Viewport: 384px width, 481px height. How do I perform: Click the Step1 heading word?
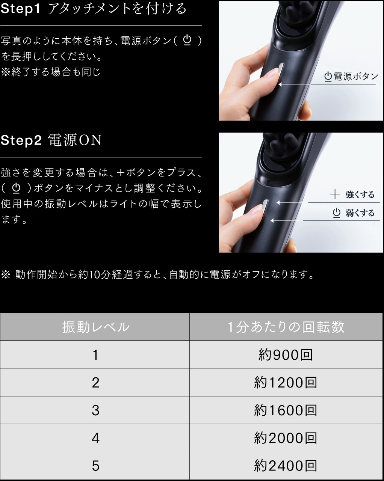[x=20, y=9]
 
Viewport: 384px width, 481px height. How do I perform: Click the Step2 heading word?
[x=21, y=140]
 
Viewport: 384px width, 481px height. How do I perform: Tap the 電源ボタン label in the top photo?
[x=351, y=77]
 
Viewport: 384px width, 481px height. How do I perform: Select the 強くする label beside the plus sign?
[x=360, y=195]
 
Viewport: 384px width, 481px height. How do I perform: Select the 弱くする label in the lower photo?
[x=360, y=213]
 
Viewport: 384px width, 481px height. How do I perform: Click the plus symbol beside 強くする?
[x=335, y=194]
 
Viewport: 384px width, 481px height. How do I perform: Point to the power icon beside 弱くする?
[x=336, y=213]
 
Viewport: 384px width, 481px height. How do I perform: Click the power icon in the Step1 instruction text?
[x=187, y=41]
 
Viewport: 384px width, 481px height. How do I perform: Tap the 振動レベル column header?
[x=96, y=327]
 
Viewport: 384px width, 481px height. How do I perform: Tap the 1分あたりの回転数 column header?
[x=286, y=327]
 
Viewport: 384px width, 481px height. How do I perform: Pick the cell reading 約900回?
[x=286, y=355]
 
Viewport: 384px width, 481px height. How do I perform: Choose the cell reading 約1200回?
[x=286, y=383]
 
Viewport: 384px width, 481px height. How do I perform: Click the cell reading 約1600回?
[x=286, y=410]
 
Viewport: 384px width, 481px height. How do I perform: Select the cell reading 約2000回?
[x=286, y=438]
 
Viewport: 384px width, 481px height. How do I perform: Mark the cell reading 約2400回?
[x=286, y=466]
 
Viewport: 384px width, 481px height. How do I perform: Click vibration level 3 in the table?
[x=95, y=411]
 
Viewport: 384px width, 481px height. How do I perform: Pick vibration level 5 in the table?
[x=95, y=466]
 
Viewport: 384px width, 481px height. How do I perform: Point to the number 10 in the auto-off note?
[x=95, y=275]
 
